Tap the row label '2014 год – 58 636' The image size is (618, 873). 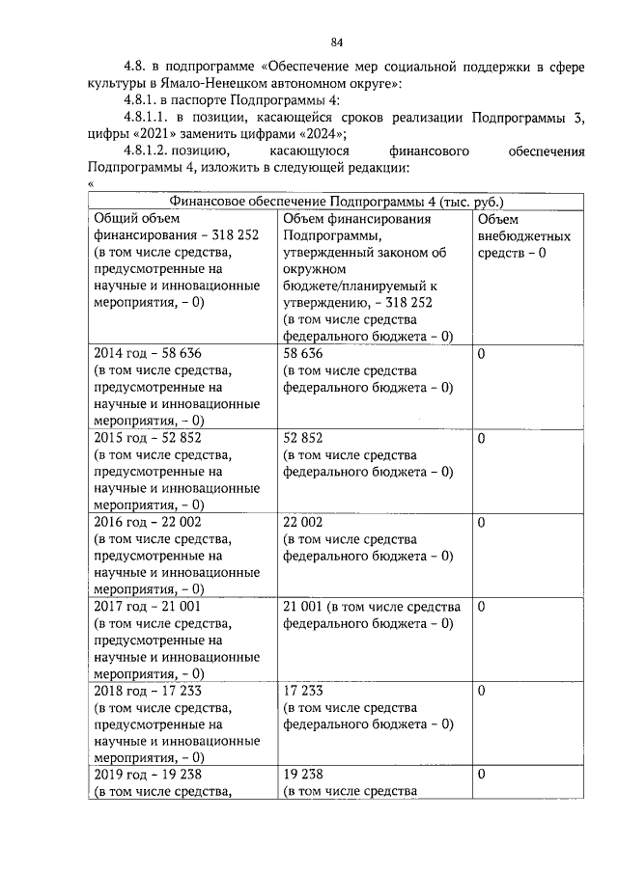click(147, 354)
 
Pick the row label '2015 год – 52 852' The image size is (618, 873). click(147, 438)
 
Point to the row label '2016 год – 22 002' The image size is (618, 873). click(147, 522)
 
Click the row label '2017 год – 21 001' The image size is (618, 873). click(147, 607)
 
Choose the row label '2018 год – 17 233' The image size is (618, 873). click(147, 691)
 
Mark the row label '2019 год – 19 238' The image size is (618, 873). click(147, 775)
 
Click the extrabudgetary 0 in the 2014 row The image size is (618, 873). click(481, 354)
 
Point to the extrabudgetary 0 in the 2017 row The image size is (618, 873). click(481, 607)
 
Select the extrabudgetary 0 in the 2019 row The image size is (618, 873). click(481, 775)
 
